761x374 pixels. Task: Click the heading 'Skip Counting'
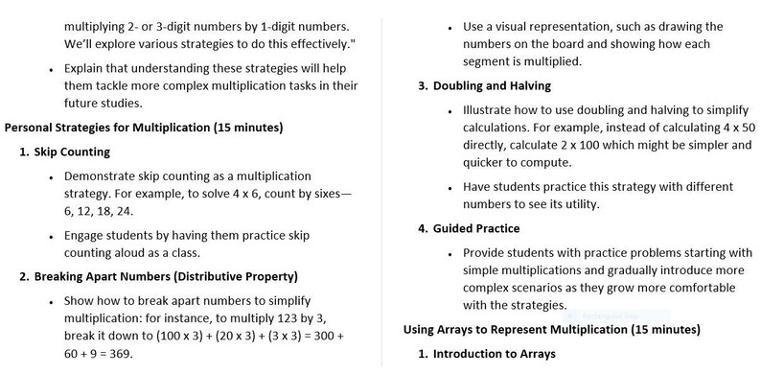click(x=72, y=152)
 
